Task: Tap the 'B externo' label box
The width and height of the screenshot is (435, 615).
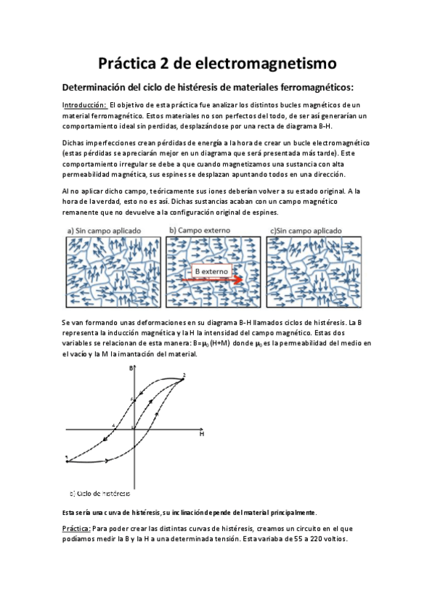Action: click(211, 273)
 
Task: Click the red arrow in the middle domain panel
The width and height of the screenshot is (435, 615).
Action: click(244, 276)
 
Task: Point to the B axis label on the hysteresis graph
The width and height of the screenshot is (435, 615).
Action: click(131, 369)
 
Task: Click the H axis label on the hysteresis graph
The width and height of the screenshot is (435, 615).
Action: click(201, 433)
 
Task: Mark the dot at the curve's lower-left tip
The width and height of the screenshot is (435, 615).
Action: click(67, 458)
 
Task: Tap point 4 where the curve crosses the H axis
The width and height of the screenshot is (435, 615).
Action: click(114, 426)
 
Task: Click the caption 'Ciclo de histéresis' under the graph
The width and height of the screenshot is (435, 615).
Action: click(104, 494)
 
